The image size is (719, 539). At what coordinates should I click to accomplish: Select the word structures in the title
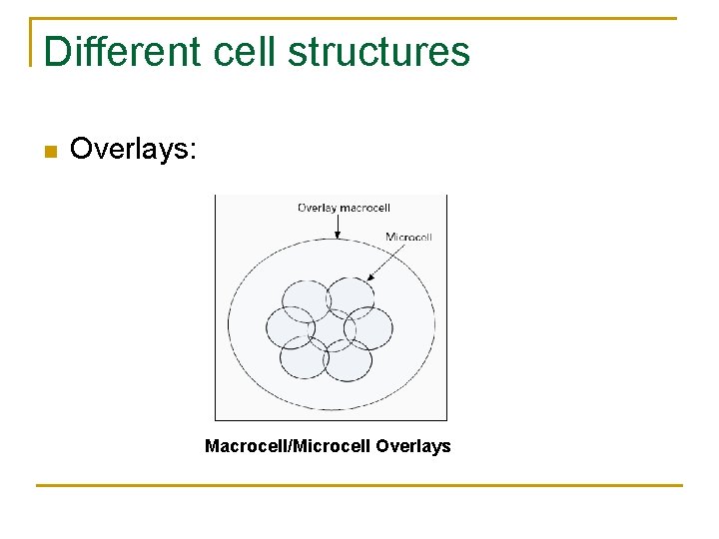pos(378,51)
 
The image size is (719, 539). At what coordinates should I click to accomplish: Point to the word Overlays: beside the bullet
pos(135,150)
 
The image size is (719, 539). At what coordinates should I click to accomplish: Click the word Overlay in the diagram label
pos(316,208)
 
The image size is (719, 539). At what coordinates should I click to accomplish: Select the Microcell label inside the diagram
pos(407,237)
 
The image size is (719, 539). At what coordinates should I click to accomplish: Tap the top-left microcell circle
pos(306,299)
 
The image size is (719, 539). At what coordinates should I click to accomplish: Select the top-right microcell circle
pos(351,297)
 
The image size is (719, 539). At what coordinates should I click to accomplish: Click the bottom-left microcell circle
pos(304,357)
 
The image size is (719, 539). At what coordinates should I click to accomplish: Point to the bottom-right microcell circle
pos(348,359)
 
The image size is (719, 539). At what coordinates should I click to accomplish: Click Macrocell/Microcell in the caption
pos(288,446)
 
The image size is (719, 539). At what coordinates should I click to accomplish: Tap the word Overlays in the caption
pos(413,446)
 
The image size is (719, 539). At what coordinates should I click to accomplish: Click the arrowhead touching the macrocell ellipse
pos(338,236)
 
